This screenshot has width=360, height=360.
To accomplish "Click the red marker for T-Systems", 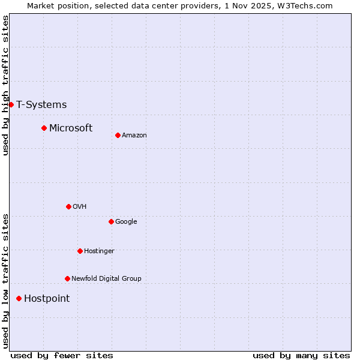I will [11, 104].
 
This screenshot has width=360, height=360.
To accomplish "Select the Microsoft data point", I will [44, 128].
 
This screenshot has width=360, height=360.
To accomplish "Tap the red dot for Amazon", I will [118, 135].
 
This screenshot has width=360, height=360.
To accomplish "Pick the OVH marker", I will [68, 206].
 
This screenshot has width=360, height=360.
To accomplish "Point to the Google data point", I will [111, 221].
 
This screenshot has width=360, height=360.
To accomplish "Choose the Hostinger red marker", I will [80, 251].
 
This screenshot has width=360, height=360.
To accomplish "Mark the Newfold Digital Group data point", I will [67, 278].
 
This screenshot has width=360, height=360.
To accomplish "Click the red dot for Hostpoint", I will [19, 298].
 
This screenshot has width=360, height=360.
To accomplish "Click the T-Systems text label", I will [41, 104].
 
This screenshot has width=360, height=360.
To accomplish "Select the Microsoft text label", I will [71, 128].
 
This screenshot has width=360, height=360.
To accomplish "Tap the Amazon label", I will [134, 135].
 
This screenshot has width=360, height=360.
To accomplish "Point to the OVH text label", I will [80, 206].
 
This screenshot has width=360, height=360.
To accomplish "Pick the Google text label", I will [126, 221].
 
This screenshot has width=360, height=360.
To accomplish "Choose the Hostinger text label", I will [99, 251].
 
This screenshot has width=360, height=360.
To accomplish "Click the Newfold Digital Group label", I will [106, 278].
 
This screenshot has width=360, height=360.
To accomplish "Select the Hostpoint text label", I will [47, 298].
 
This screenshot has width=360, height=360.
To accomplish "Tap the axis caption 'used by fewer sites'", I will [62, 355].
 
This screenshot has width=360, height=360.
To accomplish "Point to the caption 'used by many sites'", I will [301, 355].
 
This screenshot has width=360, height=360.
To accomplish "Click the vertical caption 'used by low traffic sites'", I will [5, 281].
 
